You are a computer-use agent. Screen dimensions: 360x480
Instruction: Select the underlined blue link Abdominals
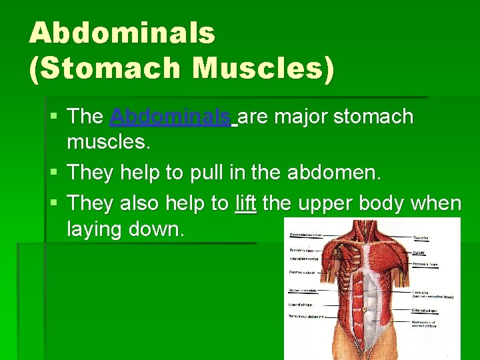pos(171,117)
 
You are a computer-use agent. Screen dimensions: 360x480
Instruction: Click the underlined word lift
pos(246,203)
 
